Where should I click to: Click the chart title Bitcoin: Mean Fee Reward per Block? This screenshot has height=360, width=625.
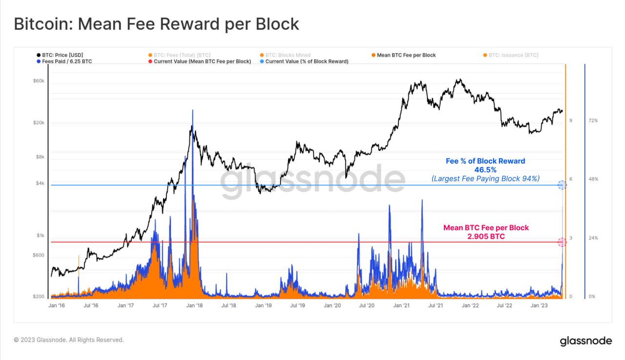[156, 24]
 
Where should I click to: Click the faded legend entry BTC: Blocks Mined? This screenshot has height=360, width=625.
[288, 55]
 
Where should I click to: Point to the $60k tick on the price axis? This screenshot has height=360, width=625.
[39, 81]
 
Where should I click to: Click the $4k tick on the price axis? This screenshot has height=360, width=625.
[40, 184]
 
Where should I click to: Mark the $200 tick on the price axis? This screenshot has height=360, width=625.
[39, 297]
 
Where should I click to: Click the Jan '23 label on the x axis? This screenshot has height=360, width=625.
[539, 305]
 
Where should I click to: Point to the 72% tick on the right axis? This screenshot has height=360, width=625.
[593, 121]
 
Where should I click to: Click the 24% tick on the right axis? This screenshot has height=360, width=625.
[593, 238]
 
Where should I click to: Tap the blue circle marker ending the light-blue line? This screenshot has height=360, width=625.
[562, 185]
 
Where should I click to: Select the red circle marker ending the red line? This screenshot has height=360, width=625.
[562, 242]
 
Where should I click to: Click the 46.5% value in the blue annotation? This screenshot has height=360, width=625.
[485, 169]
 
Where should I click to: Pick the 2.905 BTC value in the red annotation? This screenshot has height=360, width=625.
[486, 236]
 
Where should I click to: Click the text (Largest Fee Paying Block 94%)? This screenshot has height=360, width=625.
[485, 179]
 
